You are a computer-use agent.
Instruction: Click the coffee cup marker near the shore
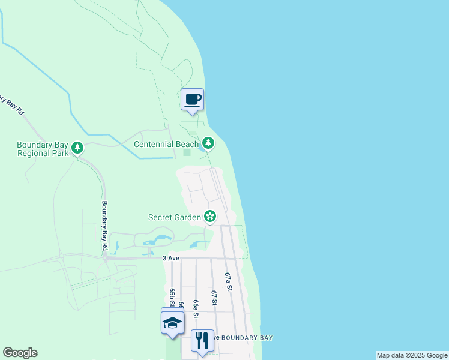[192, 100]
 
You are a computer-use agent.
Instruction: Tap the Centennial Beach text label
[166, 144]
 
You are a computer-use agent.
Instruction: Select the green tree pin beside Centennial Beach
[208, 143]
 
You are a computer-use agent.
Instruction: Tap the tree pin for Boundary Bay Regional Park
[77, 147]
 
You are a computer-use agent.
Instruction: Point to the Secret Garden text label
[175, 217]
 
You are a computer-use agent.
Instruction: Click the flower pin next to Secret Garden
[210, 216]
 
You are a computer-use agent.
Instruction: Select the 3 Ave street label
[171, 258]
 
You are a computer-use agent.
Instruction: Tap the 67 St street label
[214, 298]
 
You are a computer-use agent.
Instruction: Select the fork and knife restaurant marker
[202, 340]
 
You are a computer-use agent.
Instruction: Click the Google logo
[20, 353]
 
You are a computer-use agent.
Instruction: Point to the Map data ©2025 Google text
[412, 355]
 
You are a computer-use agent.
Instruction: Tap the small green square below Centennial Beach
[187, 152]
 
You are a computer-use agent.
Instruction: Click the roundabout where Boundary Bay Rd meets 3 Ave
[106, 259]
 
